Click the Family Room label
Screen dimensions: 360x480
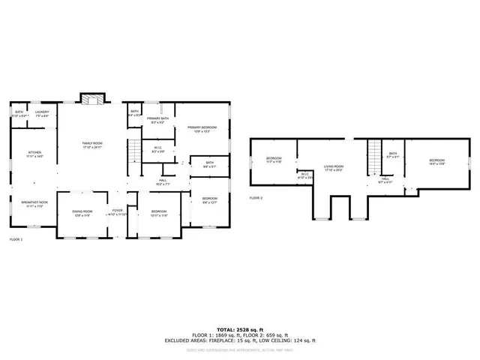[92, 145]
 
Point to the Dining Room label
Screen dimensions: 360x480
[82, 212]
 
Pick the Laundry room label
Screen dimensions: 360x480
[41, 113]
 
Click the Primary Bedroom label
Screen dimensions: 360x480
[202, 129]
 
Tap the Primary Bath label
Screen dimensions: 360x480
[157, 120]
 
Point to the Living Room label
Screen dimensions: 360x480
[333, 168]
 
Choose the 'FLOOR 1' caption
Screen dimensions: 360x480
[16, 239]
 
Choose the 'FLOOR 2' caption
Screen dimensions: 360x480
[256, 198]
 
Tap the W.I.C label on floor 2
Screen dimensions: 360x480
[304, 175]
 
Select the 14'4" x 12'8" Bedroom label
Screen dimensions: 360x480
[436, 161]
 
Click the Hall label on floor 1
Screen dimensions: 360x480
[163, 182]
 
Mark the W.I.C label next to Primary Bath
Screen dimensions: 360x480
[158, 148]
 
